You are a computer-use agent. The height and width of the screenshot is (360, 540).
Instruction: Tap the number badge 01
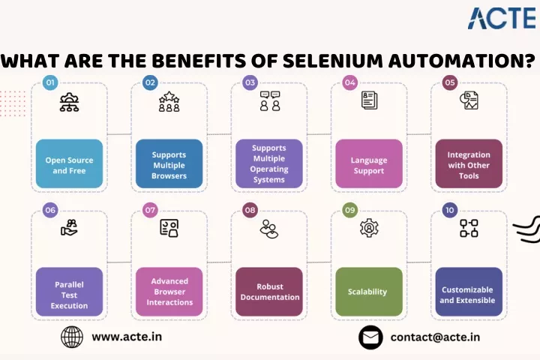click(50, 82)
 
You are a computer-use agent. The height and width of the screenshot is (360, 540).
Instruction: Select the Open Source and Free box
click(69, 163)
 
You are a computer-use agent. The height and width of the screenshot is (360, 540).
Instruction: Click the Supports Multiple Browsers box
click(169, 163)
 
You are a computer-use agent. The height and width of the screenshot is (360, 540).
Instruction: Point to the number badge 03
click(250, 82)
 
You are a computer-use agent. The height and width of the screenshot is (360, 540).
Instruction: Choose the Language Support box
click(369, 163)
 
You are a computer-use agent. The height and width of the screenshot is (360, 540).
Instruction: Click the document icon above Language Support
click(369, 100)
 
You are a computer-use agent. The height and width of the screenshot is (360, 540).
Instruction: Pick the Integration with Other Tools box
click(469, 163)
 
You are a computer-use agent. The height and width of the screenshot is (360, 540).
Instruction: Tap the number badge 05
click(450, 82)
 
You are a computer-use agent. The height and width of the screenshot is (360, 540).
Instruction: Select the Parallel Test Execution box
click(69, 292)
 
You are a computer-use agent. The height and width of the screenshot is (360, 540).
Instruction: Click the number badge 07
click(150, 210)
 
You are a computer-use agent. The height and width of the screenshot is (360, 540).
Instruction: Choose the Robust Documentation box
click(269, 292)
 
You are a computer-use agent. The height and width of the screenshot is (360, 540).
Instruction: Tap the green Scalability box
click(369, 292)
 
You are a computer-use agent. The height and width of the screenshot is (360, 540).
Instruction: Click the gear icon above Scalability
click(369, 228)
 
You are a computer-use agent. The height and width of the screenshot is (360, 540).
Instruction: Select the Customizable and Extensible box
click(469, 292)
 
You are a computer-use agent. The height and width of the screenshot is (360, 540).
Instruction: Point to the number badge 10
click(450, 210)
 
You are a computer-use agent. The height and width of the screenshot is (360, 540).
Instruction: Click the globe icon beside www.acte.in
click(72, 337)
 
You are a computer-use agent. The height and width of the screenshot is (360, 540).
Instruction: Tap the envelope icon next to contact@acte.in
click(370, 337)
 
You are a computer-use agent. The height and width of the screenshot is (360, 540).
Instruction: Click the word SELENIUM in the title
click(333, 61)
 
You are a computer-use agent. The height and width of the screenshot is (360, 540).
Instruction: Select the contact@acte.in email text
click(435, 337)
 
